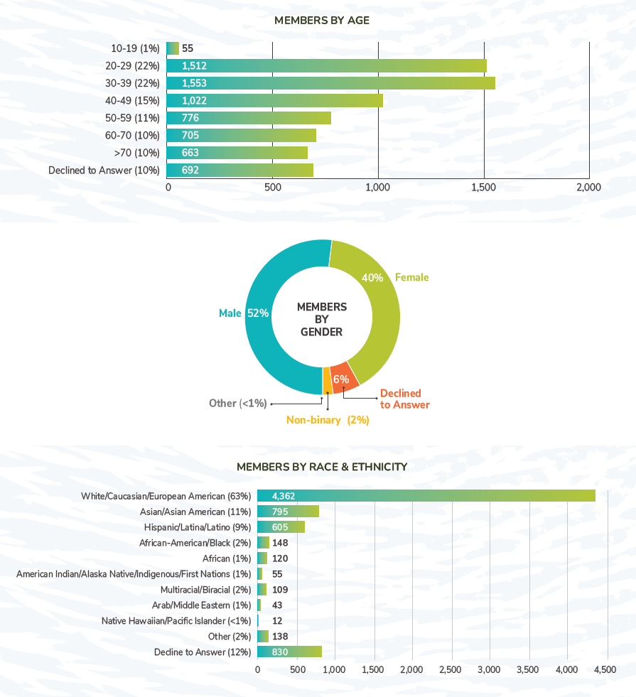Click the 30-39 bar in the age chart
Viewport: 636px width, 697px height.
[x=330, y=83]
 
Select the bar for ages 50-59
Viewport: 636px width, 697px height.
[x=249, y=118]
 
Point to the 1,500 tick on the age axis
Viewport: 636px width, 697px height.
[x=484, y=188]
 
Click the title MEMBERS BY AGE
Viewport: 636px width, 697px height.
[x=322, y=21]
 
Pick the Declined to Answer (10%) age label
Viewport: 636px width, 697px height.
[x=104, y=171]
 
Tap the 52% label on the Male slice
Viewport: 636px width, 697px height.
[x=257, y=313]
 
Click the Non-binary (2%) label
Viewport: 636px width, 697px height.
[x=328, y=420]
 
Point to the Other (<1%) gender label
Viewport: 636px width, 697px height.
[x=237, y=404]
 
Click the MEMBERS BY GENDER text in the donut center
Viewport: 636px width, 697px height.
[x=322, y=319]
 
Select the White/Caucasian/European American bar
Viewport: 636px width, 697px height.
[x=426, y=496]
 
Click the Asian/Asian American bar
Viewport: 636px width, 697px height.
[x=288, y=512]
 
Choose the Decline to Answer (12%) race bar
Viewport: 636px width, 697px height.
[x=289, y=652]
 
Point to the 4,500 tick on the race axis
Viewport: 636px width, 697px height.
[x=605, y=669]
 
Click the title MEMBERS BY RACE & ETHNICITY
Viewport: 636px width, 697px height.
[x=322, y=467]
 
